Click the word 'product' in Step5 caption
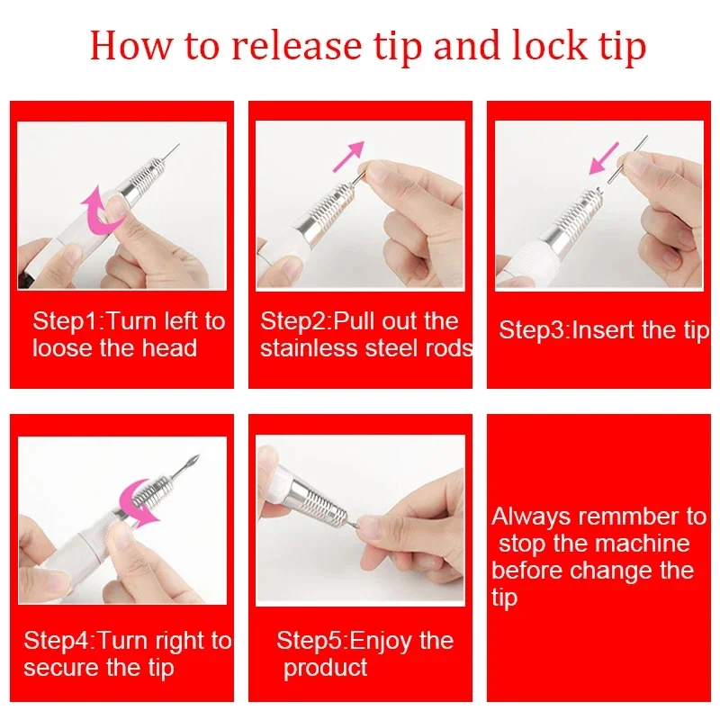pos(325,668)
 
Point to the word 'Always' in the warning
pos(531,517)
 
